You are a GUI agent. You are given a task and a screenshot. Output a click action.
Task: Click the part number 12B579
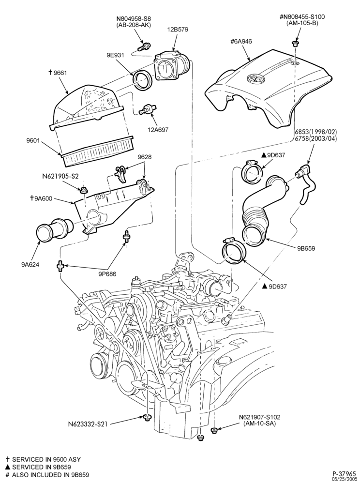178,30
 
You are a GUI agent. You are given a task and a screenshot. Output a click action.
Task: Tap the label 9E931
115,55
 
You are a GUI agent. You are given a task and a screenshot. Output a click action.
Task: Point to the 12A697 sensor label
158,130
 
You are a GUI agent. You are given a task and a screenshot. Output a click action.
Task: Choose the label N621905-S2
60,177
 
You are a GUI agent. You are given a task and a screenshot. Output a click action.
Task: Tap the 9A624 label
30,264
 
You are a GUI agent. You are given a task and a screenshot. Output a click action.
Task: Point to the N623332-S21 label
88,424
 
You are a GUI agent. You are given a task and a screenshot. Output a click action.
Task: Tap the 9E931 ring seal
142,80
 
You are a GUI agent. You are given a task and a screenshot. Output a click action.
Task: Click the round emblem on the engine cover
255,78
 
